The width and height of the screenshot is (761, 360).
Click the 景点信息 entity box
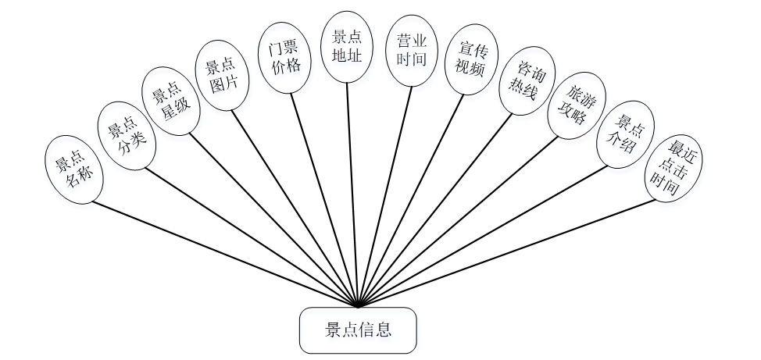pos(358,330)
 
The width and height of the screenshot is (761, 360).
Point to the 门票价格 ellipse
pos(285,57)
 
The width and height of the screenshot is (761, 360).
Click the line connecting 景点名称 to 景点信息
pos(227,255)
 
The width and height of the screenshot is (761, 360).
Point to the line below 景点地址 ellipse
pos(352,195)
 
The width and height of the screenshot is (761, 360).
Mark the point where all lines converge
pos(357,306)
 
